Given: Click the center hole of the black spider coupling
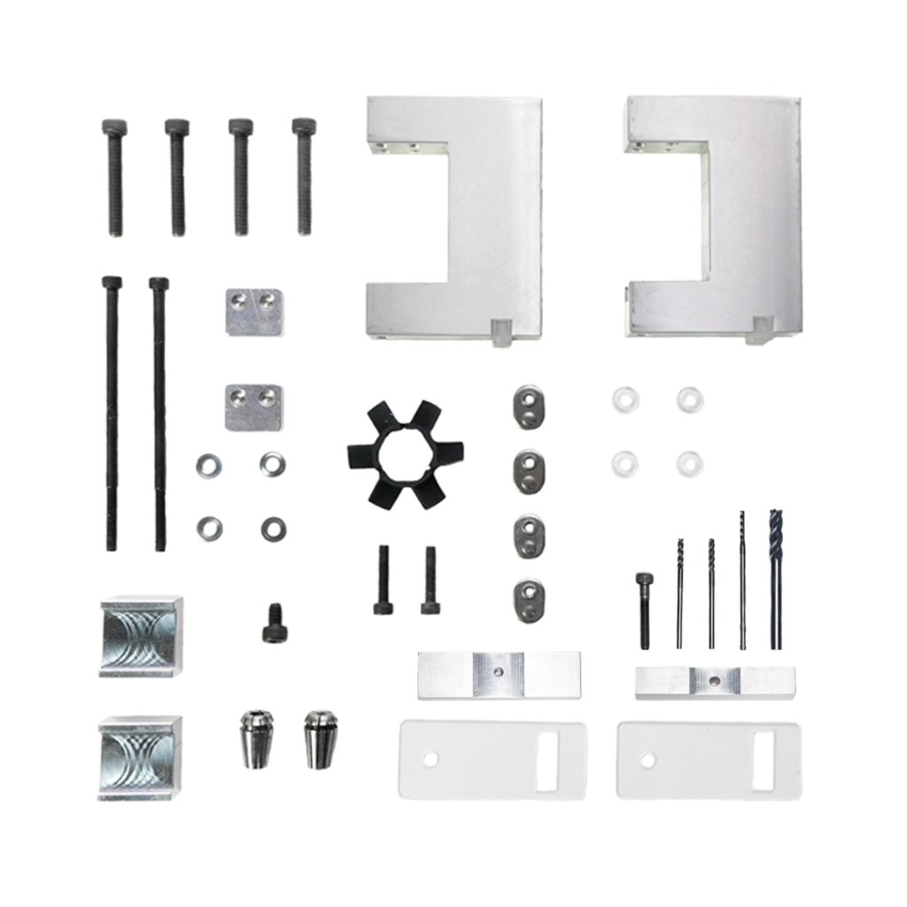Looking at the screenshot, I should (394, 454).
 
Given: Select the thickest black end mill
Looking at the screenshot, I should (776, 576).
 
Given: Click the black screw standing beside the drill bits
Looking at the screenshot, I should (644, 609).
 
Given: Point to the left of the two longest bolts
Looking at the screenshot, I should (112, 412).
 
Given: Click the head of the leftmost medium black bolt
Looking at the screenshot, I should (114, 128).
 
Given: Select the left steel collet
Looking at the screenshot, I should (257, 737).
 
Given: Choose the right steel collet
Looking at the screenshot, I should (321, 737).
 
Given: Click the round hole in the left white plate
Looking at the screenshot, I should (430, 759).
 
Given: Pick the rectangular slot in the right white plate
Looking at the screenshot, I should (764, 761).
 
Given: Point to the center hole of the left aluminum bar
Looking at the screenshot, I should (499, 673).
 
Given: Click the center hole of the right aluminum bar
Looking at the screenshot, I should (714, 680).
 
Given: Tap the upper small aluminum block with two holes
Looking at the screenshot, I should (253, 312).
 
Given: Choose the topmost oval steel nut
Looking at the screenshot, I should (528, 407).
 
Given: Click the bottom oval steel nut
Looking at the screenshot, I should (528, 600).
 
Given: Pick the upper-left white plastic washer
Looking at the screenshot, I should (624, 399).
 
